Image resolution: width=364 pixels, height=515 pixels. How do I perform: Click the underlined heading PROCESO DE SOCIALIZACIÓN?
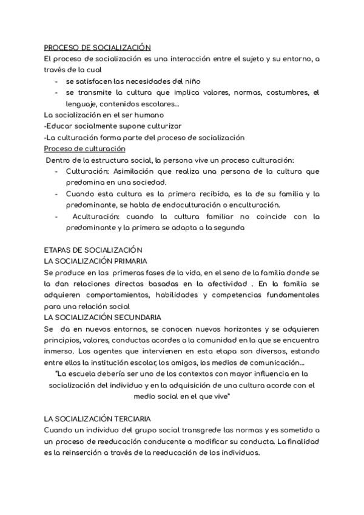(97, 47)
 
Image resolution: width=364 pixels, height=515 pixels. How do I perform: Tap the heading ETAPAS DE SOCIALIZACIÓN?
(93, 250)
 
